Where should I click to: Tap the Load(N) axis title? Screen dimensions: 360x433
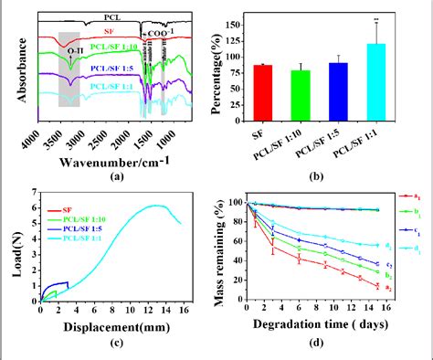click(10, 244)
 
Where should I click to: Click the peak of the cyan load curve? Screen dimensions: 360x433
click(157, 206)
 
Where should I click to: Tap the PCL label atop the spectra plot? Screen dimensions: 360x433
click(111, 16)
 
